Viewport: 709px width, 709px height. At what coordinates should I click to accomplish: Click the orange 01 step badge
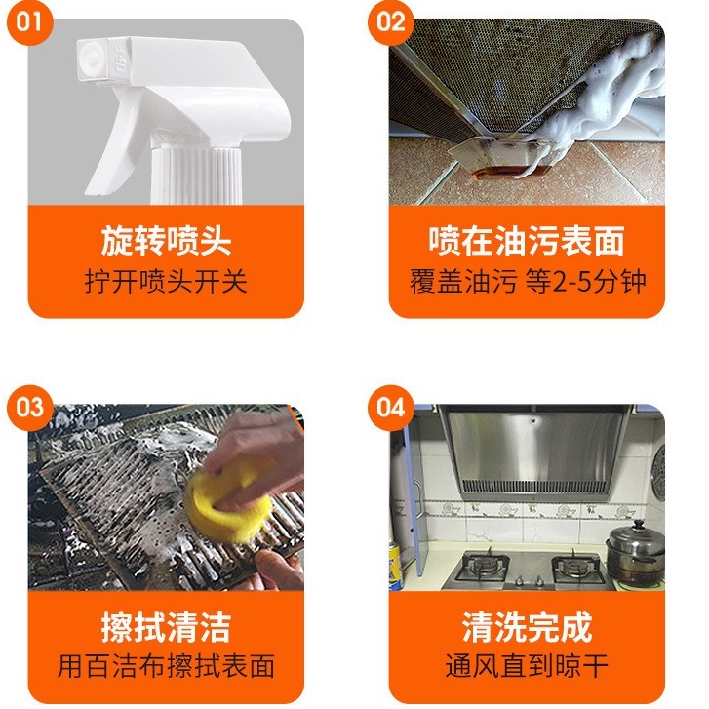(30, 22)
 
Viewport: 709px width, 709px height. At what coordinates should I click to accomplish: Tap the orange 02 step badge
(391, 22)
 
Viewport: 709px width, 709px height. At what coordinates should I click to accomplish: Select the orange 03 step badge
(30, 408)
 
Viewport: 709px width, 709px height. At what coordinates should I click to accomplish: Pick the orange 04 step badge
(391, 408)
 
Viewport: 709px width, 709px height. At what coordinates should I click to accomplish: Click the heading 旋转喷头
(166, 241)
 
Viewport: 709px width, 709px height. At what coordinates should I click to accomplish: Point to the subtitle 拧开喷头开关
(166, 281)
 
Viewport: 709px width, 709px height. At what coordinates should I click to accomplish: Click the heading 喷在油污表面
(527, 241)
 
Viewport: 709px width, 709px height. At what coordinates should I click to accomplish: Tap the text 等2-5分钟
(585, 281)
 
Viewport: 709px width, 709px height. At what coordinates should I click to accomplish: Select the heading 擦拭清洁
(166, 627)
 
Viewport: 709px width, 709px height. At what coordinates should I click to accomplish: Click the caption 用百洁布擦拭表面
(166, 666)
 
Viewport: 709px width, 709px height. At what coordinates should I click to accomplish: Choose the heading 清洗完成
(527, 627)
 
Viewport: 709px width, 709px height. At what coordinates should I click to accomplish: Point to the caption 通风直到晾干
(527, 666)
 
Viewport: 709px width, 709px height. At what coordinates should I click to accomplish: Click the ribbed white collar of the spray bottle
(196, 176)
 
